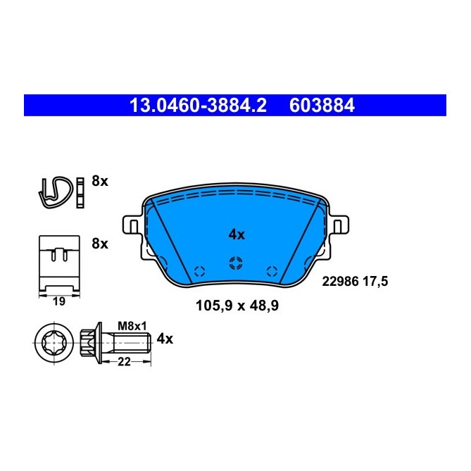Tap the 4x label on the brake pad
pyautogui.click(x=236, y=234)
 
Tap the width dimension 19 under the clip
pyautogui.click(x=59, y=301)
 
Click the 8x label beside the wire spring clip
pyautogui.click(x=100, y=181)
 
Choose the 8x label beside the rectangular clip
pyautogui.click(x=100, y=244)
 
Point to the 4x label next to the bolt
pyautogui.click(x=164, y=339)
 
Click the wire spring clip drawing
pyautogui.click(x=55, y=191)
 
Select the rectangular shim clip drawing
pyautogui.click(x=59, y=263)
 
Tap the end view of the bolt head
pyautogui.click(x=54, y=345)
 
